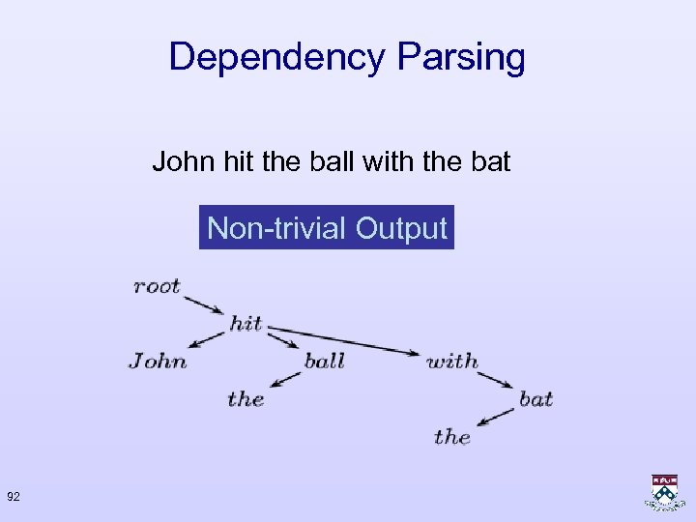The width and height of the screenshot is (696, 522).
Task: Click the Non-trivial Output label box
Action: pos(327,229)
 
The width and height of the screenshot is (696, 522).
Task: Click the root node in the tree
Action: pos(157,286)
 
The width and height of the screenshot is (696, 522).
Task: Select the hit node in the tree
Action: pos(246,323)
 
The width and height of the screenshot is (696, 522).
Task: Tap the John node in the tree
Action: pos(158,361)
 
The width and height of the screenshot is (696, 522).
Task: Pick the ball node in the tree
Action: pos(324,361)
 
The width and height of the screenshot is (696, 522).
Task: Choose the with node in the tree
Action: pos(451,361)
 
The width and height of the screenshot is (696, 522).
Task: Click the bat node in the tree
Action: pos(536,398)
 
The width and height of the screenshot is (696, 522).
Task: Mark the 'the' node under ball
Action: pos(246,398)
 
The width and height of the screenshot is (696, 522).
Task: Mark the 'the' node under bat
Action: pos(451,436)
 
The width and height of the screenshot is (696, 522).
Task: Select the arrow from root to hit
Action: pos(205,304)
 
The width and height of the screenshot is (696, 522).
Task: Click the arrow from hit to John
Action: pos(209,338)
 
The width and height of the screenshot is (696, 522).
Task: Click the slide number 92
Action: pos(14,497)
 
